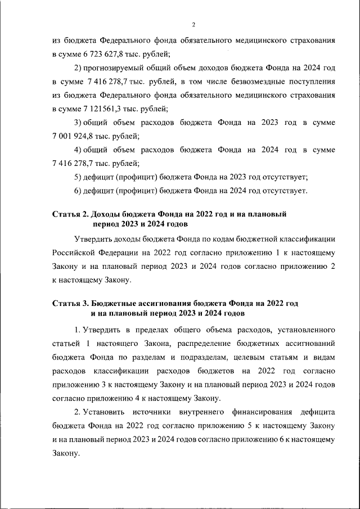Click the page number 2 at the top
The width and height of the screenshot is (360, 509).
tap(193, 25)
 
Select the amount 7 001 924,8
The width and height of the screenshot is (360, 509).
tap(72, 136)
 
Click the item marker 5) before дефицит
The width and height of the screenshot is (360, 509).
tap(78, 177)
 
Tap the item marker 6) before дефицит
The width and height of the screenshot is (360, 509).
tap(78, 191)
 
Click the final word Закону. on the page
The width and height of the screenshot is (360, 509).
tap(65, 453)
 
